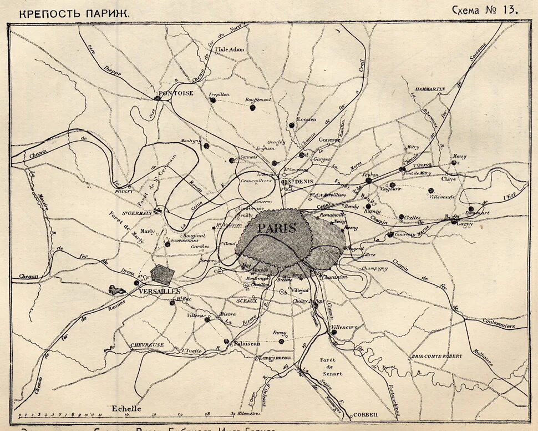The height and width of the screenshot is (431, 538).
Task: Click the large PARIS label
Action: tap(276, 228)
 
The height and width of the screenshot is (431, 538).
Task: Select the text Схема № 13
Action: tap(485, 9)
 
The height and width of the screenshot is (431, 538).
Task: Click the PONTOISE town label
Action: tap(175, 93)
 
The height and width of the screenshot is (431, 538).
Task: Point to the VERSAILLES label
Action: tap(160, 291)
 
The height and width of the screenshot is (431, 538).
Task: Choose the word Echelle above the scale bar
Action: tap(127, 408)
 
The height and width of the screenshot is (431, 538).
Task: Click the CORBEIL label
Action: tap(364, 414)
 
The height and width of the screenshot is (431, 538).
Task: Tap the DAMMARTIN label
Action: tap(430, 88)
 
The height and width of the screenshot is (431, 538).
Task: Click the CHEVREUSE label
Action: tap(147, 345)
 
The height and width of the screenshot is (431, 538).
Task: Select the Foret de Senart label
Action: tap(331, 367)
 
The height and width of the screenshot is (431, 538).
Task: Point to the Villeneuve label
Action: tap(344, 327)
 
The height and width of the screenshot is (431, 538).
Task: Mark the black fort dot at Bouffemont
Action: tap(252, 108)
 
